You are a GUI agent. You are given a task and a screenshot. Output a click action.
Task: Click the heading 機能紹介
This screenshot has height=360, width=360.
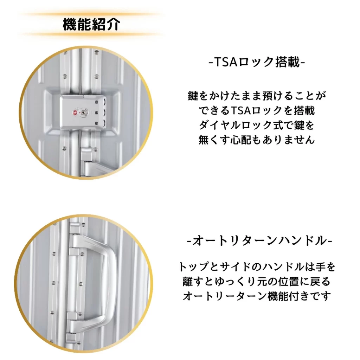91,24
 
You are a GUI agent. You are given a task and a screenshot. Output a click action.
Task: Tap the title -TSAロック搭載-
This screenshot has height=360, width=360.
257,62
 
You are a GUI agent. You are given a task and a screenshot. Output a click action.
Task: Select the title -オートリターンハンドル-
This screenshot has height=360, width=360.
259,241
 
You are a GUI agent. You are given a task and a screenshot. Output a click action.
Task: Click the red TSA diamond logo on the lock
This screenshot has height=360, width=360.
75,113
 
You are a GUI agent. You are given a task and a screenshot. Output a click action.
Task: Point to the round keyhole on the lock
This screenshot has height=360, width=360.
82,113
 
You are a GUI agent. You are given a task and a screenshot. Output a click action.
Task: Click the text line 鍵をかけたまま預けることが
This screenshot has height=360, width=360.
257,96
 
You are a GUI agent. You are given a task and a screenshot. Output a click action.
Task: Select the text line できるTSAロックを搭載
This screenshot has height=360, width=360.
257,110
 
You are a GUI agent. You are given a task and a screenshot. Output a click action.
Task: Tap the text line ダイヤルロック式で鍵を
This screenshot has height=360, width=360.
256,125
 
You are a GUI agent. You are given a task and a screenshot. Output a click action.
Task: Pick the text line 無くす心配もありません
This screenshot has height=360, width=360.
257,140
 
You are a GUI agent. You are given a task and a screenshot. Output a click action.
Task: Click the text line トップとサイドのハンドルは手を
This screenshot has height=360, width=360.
257,267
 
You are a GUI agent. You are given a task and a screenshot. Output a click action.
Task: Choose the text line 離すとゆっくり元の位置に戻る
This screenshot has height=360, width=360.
256,282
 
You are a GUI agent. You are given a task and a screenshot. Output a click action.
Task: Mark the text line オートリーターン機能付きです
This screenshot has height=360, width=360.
257,296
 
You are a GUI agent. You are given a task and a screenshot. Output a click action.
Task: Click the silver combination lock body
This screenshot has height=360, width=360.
83,113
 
